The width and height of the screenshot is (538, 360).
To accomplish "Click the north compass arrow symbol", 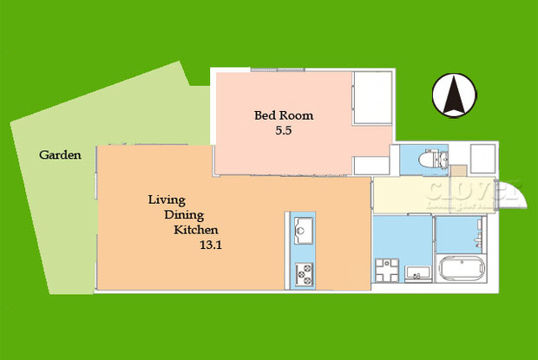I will [454, 95].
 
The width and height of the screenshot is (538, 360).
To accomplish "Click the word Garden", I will [60, 156].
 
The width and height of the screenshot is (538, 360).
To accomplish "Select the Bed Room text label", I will [283, 115].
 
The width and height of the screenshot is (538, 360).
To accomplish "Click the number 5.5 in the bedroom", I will [284, 131].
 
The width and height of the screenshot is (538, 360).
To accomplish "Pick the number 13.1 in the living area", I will [212, 245].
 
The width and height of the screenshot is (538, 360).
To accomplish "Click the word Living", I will [166, 200].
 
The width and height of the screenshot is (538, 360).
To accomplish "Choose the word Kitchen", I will [196, 230].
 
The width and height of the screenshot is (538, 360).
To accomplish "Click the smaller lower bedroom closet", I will [374, 165].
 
